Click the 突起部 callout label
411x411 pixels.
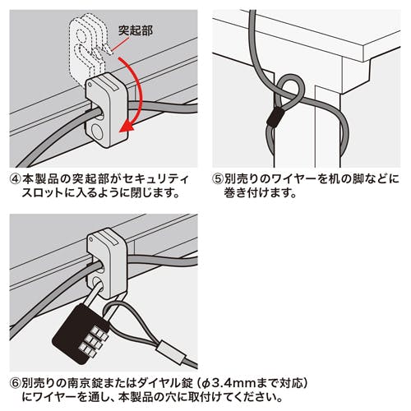point(136,30)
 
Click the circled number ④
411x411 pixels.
point(16,180)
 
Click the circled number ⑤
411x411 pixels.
point(218,179)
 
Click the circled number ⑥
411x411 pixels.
point(16,384)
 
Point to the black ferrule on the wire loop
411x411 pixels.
point(275,117)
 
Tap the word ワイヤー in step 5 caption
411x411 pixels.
point(293,179)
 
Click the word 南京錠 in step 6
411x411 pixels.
point(84,384)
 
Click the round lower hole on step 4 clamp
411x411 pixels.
point(96,132)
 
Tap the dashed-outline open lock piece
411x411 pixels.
point(85,47)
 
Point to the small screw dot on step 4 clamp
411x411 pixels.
point(90,85)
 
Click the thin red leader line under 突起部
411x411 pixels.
point(120,44)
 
